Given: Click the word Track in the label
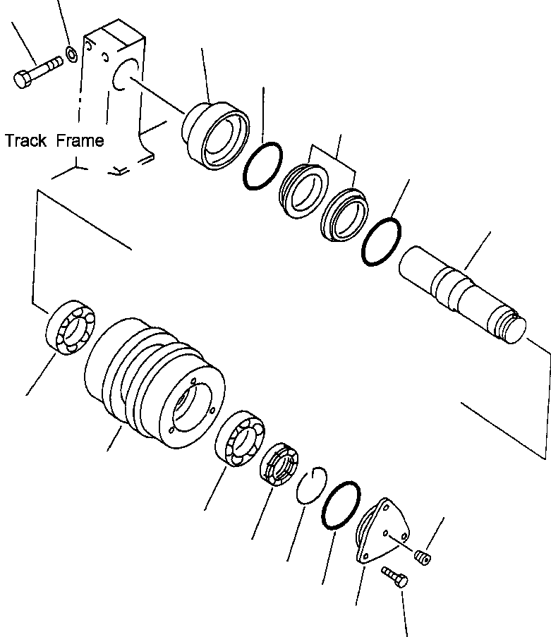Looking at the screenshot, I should point(26,140).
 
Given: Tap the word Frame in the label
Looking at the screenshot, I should point(79,140).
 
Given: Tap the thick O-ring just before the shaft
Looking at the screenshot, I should point(381,242).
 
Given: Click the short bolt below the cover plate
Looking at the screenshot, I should point(394,577).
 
